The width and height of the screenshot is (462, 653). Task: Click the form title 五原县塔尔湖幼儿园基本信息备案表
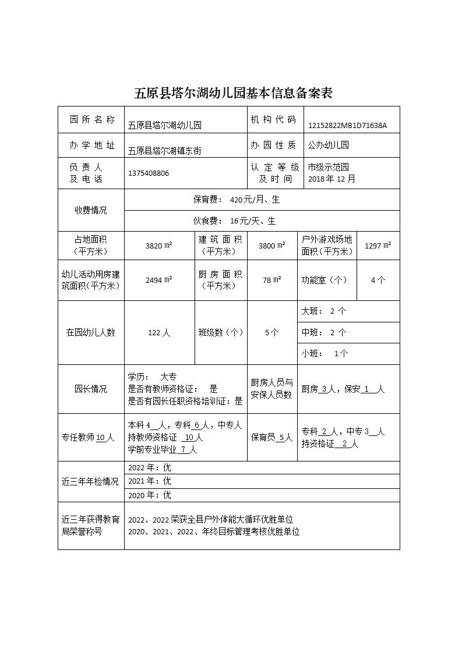point(233,93)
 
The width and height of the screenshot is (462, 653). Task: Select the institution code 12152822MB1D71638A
point(347,125)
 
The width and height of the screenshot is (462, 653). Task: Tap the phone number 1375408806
point(149,173)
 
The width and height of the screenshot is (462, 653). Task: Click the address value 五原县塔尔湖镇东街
point(165,150)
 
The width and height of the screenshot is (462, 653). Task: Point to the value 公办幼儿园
point(329,145)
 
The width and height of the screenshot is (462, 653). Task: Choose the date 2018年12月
point(331,179)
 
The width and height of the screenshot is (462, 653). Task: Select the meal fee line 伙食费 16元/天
point(235,221)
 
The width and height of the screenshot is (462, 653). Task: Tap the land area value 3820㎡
point(158,246)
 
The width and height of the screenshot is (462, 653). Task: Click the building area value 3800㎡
point(271,246)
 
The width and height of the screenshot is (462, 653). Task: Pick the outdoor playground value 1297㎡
point(378,246)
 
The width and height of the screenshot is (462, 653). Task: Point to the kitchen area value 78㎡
point(271,280)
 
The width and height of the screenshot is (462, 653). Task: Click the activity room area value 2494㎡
point(158,280)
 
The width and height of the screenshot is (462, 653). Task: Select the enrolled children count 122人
point(159,333)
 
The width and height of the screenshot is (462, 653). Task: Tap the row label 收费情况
point(91,210)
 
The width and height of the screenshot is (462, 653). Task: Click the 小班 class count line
point(325,353)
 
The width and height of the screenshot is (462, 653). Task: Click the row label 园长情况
point(91,389)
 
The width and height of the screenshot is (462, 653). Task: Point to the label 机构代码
point(273,120)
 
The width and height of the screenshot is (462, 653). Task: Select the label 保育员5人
point(271,438)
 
